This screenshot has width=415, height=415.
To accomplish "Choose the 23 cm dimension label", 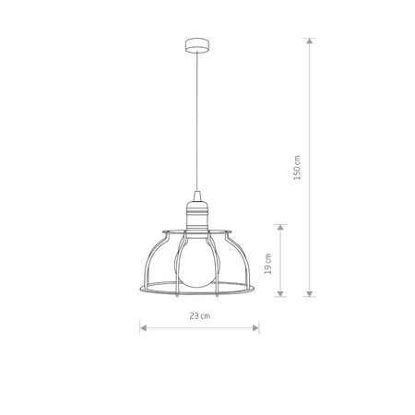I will point(200,315).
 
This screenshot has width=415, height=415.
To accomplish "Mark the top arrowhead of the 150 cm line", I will point(310,41).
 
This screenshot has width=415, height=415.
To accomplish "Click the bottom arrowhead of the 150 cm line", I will point(310,293).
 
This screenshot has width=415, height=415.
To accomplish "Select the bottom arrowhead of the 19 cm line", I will point(281,293).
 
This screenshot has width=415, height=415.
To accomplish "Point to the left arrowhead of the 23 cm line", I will point(143,326).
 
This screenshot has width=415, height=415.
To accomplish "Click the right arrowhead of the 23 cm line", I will point(257,326).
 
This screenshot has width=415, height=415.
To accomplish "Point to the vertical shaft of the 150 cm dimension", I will point(310,111).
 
